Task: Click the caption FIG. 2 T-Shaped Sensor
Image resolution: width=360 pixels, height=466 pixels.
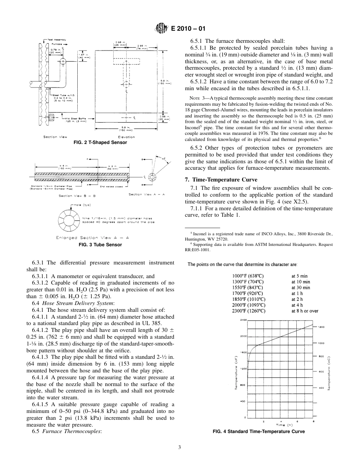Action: pyautogui.click(x=100, y=142)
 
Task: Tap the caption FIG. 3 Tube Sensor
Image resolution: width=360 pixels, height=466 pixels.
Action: pyautogui.click(x=100, y=245)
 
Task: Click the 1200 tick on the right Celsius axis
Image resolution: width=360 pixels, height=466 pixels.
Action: pyautogui.click(x=321, y=327)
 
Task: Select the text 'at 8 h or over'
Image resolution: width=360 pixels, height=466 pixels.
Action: pyautogui.click(x=305, y=311)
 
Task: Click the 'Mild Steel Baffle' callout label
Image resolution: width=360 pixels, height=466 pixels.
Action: pyautogui.click(x=74, y=119)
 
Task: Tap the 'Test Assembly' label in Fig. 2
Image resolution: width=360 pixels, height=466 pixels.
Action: pyautogui.click(x=57, y=39)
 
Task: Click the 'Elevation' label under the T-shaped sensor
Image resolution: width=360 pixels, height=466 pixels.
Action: pyautogui.click(x=126, y=137)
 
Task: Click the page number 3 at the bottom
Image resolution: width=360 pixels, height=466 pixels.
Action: pyautogui.click(x=180, y=447)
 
